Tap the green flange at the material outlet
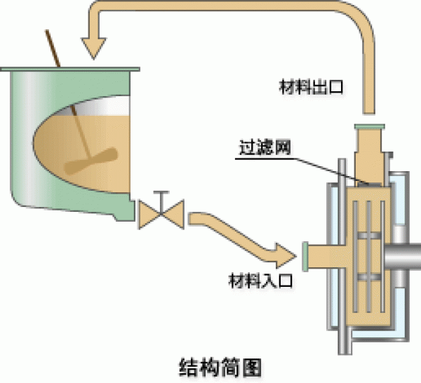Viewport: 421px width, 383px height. click(369, 126)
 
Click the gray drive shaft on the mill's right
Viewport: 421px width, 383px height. click(410, 256)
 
